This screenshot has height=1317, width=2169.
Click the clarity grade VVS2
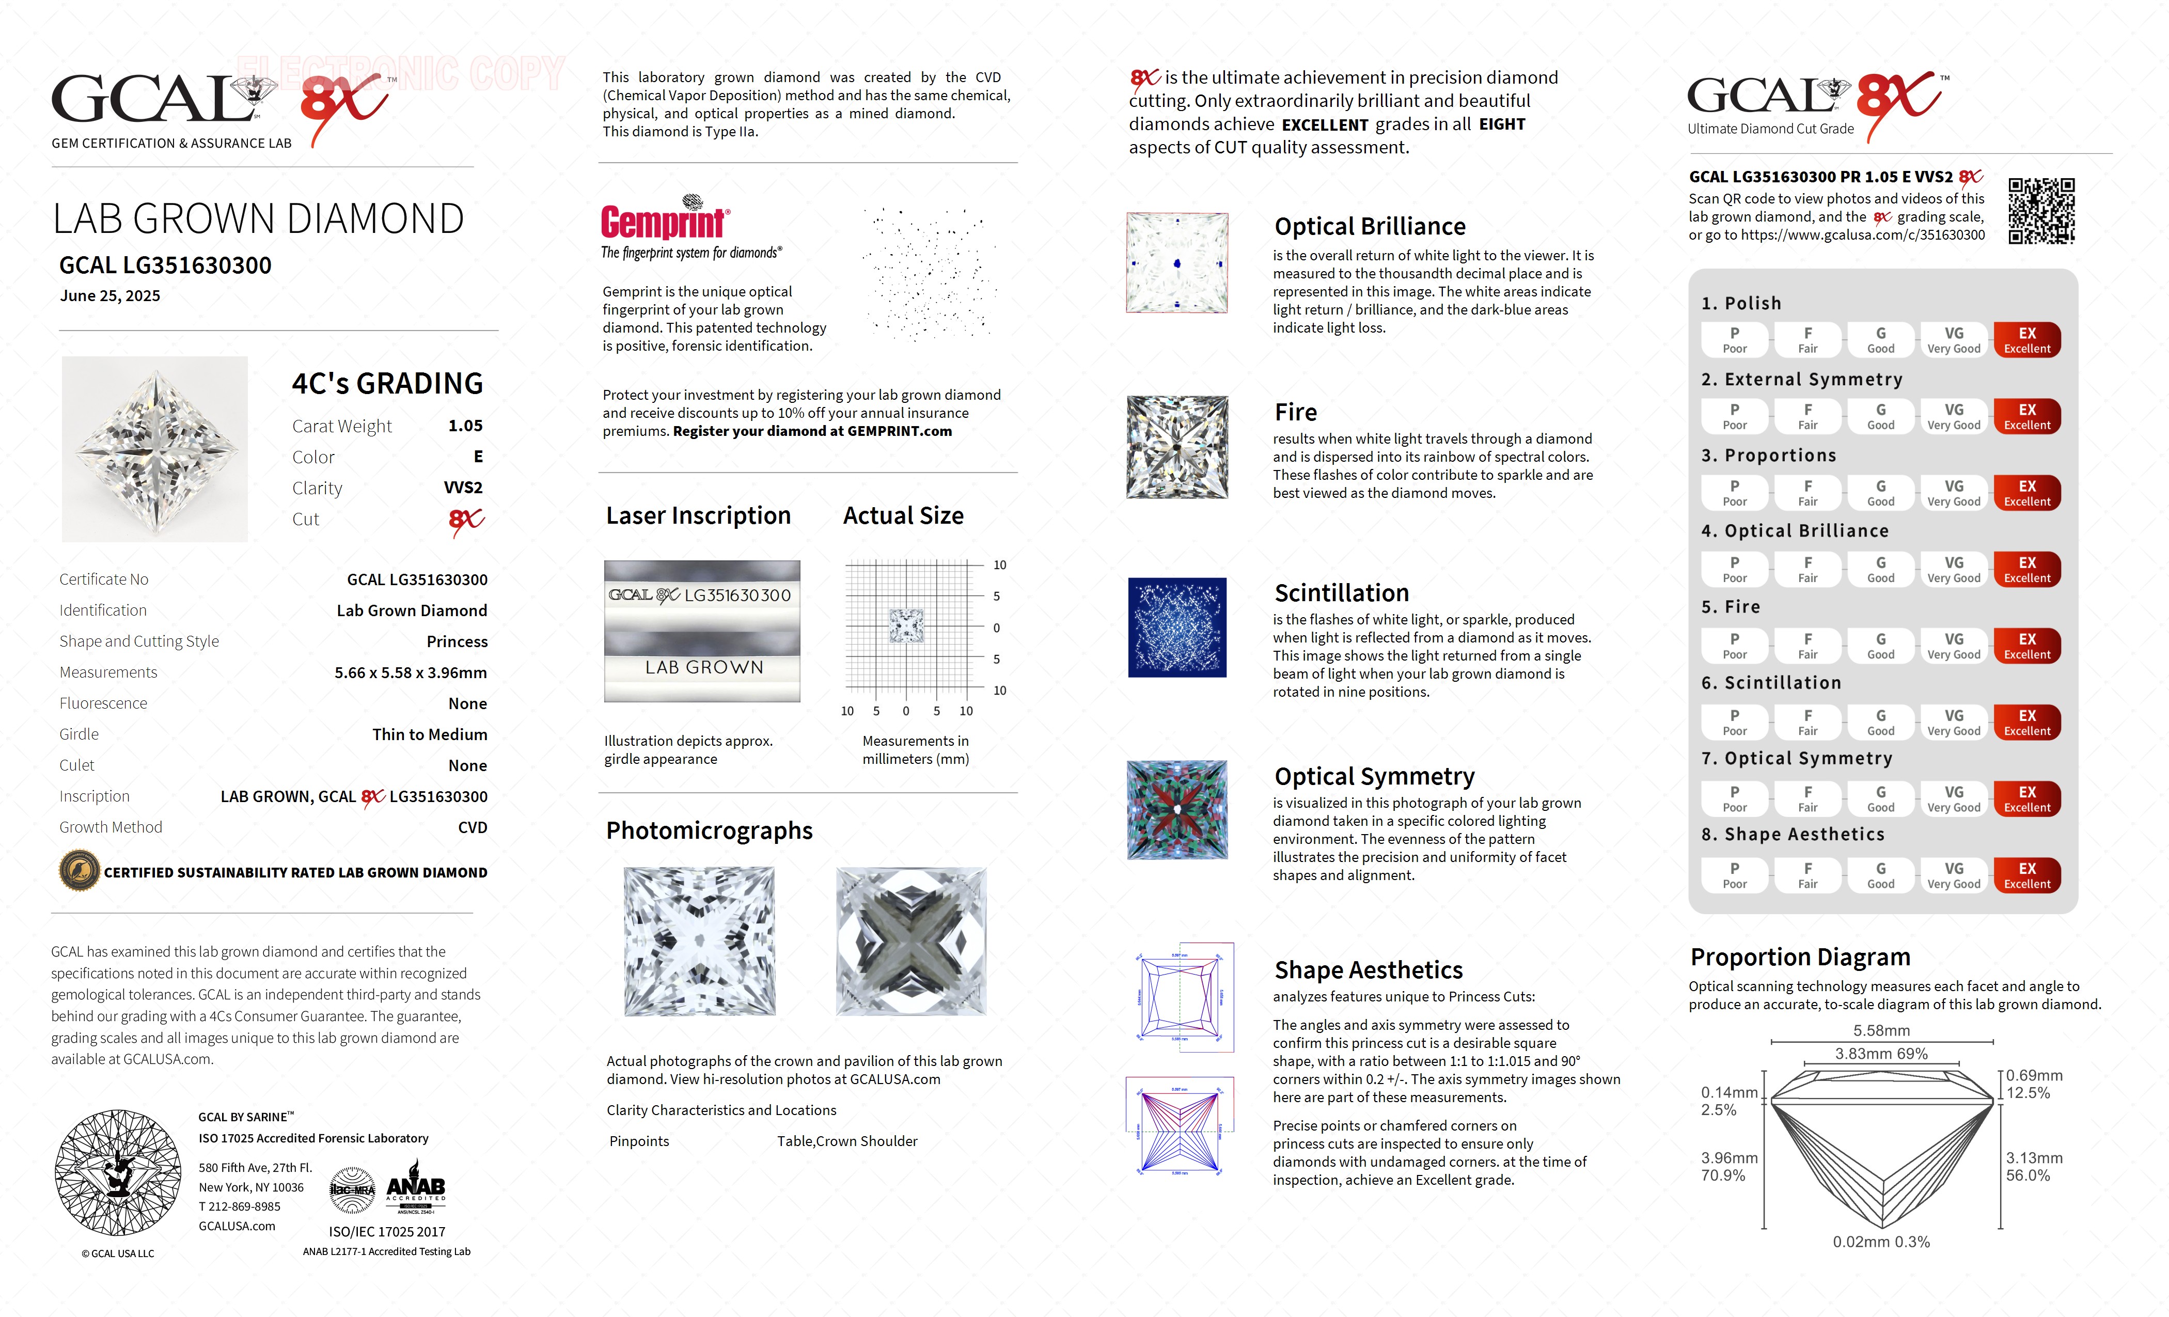pos(463,488)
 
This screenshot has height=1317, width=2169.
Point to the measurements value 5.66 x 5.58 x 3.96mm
pos(410,672)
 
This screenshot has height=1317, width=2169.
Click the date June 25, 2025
pos(110,296)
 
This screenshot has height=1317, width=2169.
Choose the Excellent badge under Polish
pos(2026,340)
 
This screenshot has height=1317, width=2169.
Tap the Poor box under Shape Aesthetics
pos(1734,875)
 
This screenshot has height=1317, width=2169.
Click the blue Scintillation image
pos(1177,628)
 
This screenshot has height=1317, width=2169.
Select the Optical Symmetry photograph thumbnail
pos(1177,810)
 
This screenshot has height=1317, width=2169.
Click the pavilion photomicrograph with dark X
pos(911,941)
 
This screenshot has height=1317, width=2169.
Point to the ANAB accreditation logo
pos(416,1191)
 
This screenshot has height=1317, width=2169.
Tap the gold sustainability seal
pos(79,872)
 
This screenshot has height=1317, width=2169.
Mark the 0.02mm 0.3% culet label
pos(1881,1242)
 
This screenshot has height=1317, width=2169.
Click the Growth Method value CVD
pos(472,827)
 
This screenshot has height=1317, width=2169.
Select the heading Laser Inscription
pos(698,516)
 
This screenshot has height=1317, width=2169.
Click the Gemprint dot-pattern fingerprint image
pos(930,275)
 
